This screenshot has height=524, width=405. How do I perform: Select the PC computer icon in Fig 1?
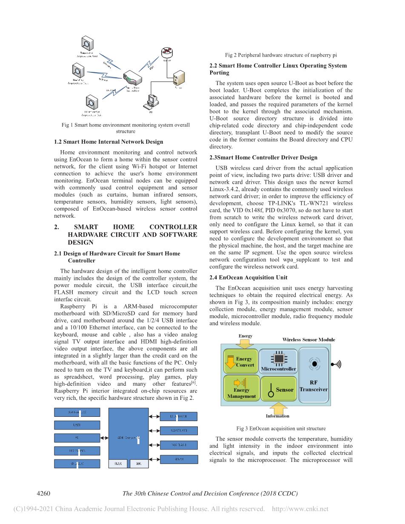click(151, 101)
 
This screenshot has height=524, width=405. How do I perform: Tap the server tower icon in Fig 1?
click(178, 78)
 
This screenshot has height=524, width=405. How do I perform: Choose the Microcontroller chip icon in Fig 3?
click(279, 358)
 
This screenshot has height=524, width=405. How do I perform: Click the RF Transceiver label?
click(314, 386)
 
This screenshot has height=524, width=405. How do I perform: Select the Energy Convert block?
click(241, 361)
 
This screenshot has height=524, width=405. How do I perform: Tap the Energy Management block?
click(241, 387)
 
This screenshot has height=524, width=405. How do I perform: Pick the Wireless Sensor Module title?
click(308, 339)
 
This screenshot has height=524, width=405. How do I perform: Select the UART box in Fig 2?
click(77, 425)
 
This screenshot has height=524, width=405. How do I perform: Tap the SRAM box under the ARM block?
click(118, 464)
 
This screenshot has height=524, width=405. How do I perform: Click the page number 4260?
click(44, 493)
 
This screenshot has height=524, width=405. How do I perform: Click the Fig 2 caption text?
click(281, 55)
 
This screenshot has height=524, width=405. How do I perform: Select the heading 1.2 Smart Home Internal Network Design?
click(108, 142)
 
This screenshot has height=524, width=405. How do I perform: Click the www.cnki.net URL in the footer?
click(300, 509)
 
